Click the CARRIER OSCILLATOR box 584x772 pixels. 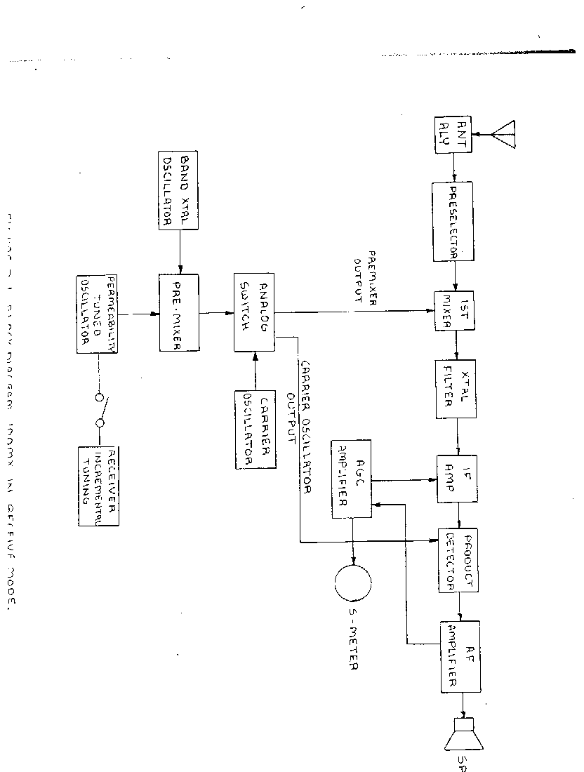click(255, 428)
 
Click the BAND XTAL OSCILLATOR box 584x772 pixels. click(179, 190)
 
